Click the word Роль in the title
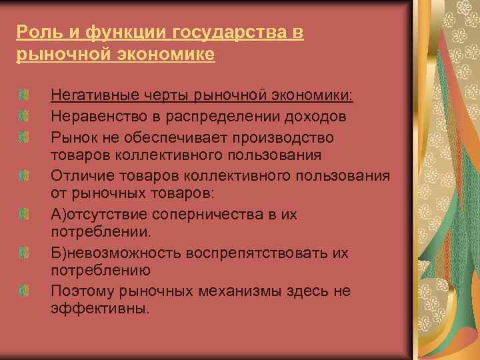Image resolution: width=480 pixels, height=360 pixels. (33, 33)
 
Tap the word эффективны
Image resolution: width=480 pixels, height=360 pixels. (100, 310)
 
